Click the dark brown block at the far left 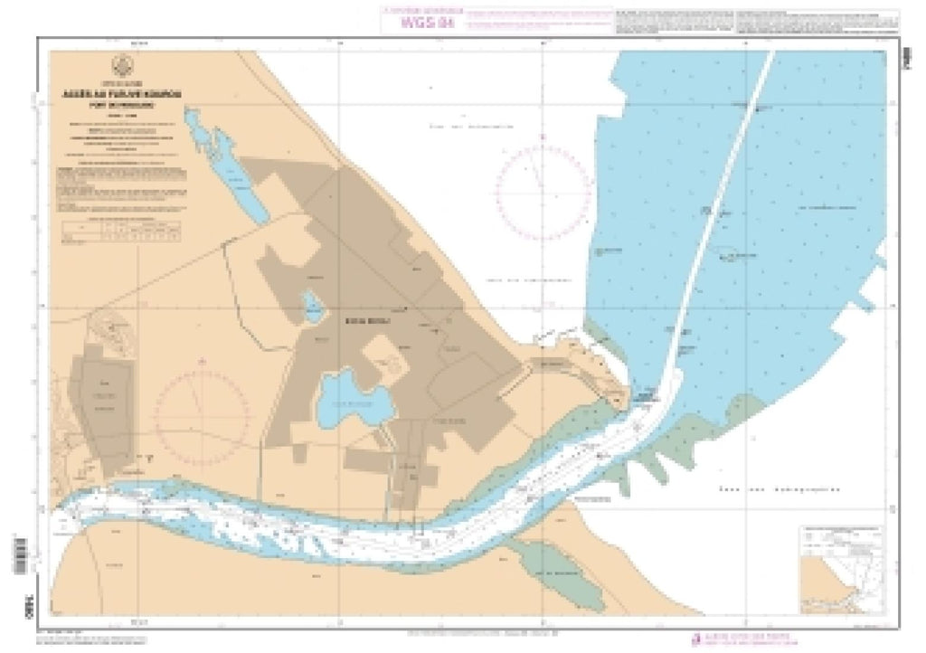(102, 413)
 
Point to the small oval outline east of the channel (727, 251)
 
